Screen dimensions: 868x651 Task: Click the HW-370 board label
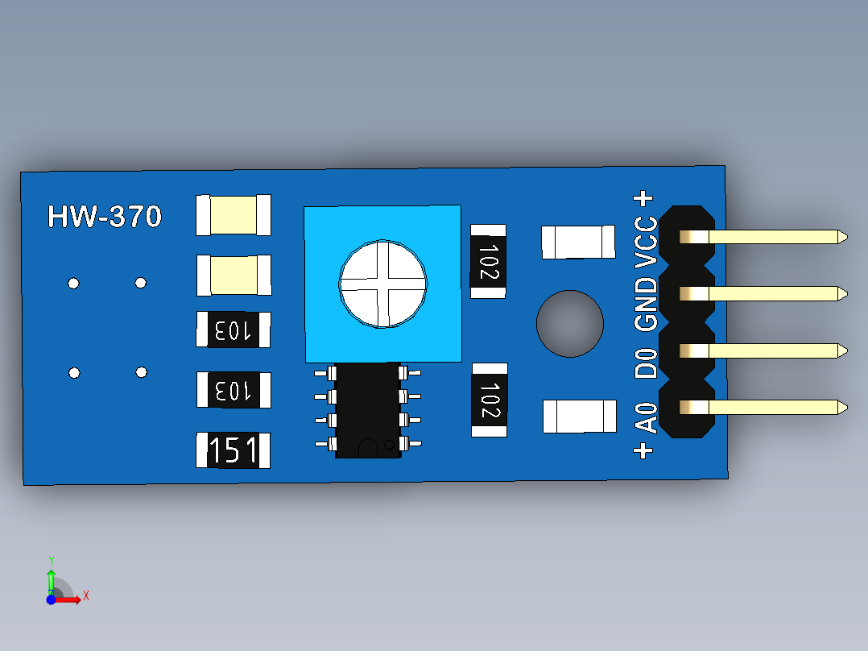105,216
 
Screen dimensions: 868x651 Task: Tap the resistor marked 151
233,450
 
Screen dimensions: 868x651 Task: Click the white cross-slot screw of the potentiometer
382,284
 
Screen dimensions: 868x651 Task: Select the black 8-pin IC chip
367,411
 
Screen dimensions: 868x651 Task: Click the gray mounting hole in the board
569,324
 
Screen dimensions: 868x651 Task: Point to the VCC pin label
646,243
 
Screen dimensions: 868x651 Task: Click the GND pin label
646,305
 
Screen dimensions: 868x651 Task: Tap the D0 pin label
646,363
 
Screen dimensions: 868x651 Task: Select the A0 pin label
646,417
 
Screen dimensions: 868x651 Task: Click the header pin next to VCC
763,237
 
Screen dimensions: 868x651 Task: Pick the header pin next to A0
763,408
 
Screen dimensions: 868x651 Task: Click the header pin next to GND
763,293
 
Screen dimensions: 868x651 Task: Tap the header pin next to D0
763,350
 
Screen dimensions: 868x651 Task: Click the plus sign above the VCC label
643,198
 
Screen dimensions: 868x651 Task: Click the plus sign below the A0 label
643,451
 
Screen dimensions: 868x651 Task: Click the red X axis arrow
66,599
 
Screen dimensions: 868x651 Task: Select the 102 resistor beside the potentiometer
488,262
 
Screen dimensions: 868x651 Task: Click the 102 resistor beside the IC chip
490,400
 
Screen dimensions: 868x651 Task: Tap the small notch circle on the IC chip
389,445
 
